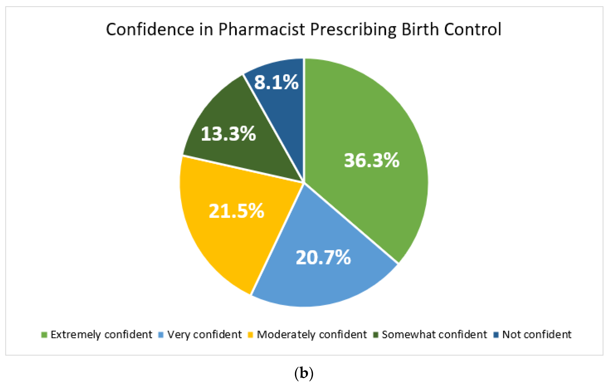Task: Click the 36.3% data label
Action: [371, 160]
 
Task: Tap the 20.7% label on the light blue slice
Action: [323, 258]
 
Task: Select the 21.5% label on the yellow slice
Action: [236, 211]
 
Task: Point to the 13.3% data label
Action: [228, 134]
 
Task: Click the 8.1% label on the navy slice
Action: [276, 82]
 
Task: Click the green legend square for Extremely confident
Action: [44, 335]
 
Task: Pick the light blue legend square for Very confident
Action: [161, 335]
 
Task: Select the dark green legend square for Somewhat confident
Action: [376, 335]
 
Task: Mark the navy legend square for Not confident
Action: [496, 335]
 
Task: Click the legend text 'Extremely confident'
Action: [101, 335]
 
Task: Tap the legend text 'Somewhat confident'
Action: [434, 335]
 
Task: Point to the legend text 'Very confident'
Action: [204, 335]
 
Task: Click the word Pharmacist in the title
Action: [261, 29]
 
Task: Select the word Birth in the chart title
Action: [420, 29]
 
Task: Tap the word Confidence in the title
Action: [150, 29]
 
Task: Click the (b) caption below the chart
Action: [304, 373]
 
